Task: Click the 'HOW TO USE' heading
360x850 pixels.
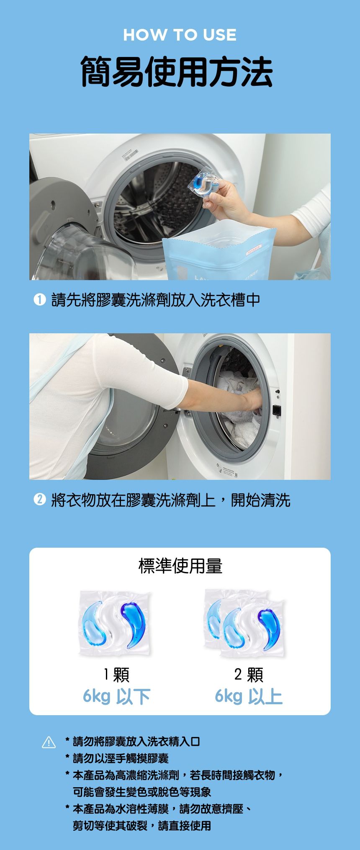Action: click(x=180, y=35)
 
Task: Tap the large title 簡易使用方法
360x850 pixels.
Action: click(x=177, y=72)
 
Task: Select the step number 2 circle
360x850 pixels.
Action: click(x=40, y=500)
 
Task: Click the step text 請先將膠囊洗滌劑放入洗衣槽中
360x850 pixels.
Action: click(x=156, y=300)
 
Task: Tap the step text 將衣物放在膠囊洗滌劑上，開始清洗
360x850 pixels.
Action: click(x=171, y=500)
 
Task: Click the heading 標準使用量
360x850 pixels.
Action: click(x=180, y=566)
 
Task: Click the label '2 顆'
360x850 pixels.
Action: click(x=249, y=675)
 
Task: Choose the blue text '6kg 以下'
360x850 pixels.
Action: click(x=116, y=696)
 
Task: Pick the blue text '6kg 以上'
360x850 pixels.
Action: click(x=249, y=696)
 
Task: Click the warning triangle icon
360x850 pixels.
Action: click(x=49, y=743)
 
